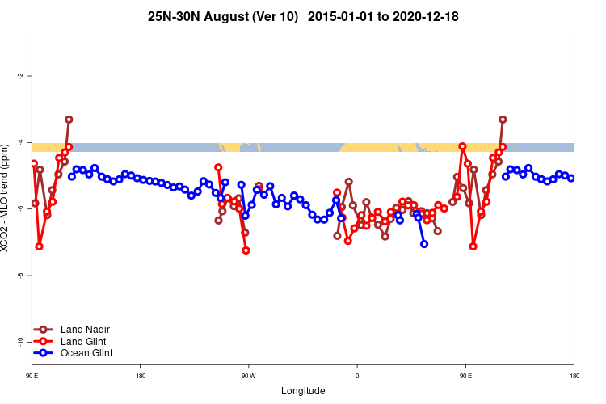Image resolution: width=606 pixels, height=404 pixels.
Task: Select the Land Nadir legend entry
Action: (x=85, y=329)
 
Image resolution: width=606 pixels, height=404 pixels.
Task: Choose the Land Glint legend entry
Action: (x=83, y=341)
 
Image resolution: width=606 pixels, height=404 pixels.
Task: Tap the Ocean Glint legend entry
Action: (x=86, y=353)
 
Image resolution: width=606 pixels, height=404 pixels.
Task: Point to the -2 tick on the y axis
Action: (x=19, y=75)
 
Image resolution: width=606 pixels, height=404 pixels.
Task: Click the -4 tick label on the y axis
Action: (x=19, y=142)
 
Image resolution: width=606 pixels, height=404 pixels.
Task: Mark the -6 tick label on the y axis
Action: (x=19, y=208)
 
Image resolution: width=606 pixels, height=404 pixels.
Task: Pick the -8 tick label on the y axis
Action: (x=19, y=276)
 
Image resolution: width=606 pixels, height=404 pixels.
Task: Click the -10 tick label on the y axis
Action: (x=19, y=342)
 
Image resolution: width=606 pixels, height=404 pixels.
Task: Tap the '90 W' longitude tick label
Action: (x=248, y=375)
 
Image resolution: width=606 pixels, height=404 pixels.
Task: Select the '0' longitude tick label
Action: (x=356, y=375)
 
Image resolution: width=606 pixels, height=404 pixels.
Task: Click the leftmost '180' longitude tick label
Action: (x=141, y=375)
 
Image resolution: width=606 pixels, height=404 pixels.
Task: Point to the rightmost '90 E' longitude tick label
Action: (x=465, y=375)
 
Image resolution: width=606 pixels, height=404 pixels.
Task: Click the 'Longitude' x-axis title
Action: (x=303, y=391)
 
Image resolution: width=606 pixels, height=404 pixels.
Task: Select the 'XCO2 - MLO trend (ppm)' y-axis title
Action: (x=6, y=198)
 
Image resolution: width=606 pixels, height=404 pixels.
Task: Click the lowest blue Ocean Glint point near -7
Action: (x=424, y=244)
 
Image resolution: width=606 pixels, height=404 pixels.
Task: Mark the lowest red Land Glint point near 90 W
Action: (x=246, y=250)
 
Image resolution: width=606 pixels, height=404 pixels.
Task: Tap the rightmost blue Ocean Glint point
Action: (x=571, y=178)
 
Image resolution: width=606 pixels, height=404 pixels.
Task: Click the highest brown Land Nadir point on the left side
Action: (x=69, y=120)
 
